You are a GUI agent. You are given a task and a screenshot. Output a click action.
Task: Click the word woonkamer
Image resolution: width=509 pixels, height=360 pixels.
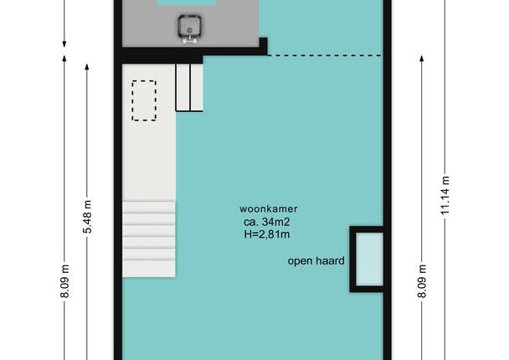click(269, 208)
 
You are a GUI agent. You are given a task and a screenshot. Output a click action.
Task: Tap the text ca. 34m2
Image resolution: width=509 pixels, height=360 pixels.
click(267, 222)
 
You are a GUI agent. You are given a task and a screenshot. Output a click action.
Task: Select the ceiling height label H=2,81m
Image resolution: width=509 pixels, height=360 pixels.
click(267, 234)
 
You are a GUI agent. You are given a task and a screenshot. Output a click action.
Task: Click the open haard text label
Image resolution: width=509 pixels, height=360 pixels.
click(316, 261)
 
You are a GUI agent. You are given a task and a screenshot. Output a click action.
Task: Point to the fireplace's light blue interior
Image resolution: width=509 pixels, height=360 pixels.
click(369, 259)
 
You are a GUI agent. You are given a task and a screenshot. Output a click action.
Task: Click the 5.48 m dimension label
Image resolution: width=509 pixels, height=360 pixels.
click(87, 217)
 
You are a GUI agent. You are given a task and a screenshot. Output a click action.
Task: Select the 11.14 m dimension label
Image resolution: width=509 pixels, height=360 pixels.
click(445, 195)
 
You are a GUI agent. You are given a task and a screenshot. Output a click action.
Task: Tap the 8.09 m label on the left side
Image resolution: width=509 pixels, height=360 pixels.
click(64, 281)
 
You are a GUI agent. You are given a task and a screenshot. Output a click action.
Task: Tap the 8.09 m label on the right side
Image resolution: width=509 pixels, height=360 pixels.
click(422, 281)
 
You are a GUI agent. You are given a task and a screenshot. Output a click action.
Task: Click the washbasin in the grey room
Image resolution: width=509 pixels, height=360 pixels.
click(189, 26)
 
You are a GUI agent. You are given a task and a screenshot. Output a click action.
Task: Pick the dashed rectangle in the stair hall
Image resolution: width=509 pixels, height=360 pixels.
click(144, 100)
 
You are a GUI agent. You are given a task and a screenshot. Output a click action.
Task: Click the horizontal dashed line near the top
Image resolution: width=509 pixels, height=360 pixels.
click(324, 55)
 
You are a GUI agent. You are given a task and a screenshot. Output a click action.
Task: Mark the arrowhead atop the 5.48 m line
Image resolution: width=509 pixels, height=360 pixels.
click(87, 67)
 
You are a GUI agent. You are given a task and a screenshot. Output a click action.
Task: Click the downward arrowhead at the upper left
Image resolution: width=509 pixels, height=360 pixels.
click(64, 44)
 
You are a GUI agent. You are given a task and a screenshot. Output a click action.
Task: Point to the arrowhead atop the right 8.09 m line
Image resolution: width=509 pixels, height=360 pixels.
click(422, 59)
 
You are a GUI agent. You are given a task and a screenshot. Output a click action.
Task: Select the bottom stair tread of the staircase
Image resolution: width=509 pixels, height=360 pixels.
click(149, 269)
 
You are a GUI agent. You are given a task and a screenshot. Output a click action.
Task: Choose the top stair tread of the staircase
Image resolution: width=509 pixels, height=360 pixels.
click(149, 207)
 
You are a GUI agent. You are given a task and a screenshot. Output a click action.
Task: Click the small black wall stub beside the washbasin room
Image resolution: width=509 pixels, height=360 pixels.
click(263, 46)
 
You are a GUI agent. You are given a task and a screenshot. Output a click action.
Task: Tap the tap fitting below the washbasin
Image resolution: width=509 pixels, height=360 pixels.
click(190, 40)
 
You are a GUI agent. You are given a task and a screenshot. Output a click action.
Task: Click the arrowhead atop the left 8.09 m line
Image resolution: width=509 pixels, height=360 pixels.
click(64, 59)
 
